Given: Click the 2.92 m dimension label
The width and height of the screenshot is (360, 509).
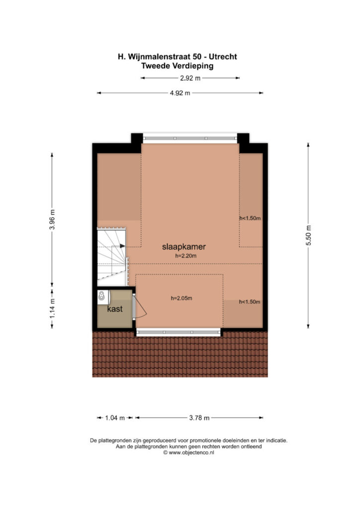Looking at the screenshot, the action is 190,78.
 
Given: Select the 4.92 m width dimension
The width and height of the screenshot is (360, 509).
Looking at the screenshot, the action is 180,93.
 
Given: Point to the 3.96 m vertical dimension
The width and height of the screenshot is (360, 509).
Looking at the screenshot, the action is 52,219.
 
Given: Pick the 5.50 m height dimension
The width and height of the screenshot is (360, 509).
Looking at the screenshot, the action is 308,235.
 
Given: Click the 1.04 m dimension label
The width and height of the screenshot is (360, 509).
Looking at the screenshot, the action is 115,418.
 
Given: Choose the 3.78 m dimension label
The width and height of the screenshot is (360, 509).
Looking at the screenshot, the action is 199,418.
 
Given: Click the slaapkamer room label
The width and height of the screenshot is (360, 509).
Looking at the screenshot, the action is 184,247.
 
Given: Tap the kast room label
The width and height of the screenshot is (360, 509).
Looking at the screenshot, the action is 114,309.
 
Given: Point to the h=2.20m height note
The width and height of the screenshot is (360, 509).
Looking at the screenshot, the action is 185,256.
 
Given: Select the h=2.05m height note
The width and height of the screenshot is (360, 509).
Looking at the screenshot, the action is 181,298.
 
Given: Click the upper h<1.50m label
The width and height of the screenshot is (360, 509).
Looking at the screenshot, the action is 250,218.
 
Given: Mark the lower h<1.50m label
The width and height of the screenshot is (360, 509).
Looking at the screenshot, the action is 250,302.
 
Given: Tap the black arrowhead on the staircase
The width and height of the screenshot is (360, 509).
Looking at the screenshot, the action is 122,246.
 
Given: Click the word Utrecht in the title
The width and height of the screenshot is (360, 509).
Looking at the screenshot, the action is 223,57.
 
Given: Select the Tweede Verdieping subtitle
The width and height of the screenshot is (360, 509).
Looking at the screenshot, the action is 177,66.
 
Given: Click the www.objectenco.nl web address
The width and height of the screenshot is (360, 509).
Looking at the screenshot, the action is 191,452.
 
